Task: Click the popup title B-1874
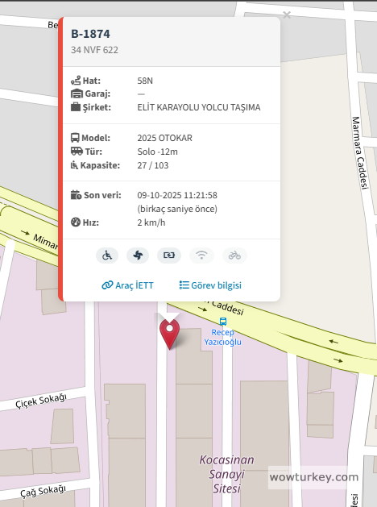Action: (90, 34)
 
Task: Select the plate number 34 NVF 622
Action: (95, 50)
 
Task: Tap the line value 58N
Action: (145, 81)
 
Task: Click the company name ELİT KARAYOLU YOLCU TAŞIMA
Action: (199, 107)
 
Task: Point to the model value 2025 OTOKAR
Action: (164, 138)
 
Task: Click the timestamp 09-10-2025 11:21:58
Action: (177, 195)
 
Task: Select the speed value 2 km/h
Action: (151, 222)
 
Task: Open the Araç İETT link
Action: (126, 285)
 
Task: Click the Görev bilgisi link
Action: (210, 285)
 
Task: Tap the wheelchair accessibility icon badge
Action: (107, 256)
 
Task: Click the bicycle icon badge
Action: (234, 256)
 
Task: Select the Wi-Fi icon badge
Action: (202, 256)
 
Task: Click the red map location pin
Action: (169, 331)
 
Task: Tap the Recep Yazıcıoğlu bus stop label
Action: (223, 336)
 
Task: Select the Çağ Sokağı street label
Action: (43, 490)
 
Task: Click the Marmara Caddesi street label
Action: (359, 153)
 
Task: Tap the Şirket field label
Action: (96, 107)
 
